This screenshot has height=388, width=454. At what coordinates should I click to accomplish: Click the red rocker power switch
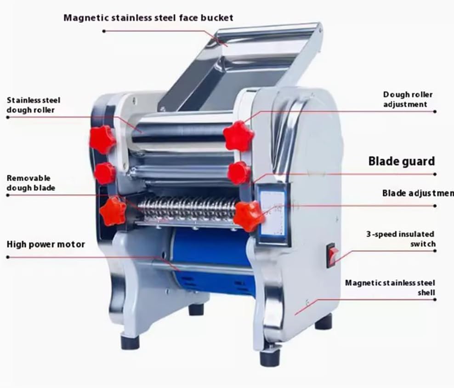tap(332, 255)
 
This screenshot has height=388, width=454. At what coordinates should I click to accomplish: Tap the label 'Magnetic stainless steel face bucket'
tap(148, 18)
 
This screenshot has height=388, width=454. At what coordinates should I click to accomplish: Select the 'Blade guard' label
tap(401, 161)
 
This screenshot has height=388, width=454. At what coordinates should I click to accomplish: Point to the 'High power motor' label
tap(45, 244)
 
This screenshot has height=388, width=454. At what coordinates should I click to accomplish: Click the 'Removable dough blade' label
tap(31, 183)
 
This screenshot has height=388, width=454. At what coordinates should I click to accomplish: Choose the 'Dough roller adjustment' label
tap(408, 99)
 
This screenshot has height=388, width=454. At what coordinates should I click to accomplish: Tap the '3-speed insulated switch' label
tap(400, 239)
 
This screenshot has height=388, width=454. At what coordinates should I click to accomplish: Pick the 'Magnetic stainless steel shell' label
tap(390, 287)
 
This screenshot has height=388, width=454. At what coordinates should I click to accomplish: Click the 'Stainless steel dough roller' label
tap(34, 105)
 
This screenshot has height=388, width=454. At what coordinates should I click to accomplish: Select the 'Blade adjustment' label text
tap(418, 193)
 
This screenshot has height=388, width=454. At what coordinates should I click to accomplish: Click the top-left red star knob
tap(102, 139)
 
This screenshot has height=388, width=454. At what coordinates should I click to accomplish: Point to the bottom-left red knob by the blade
tap(113, 211)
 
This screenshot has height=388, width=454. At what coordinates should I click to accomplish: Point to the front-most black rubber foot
tap(270, 357)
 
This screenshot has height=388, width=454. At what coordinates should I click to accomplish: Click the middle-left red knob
tap(105, 173)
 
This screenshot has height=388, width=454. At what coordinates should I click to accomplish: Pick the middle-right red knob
tap(239, 173)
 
